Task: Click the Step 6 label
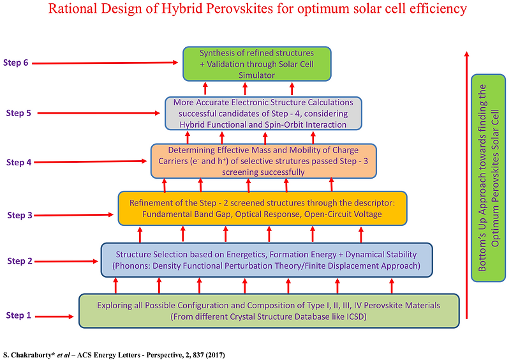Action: tap(16, 63)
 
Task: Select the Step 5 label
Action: tap(19, 113)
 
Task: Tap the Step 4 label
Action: tap(19, 162)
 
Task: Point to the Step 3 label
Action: tap(20, 215)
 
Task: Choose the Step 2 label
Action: tap(20, 261)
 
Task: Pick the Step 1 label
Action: tap(19, 315)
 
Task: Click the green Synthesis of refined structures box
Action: tap(257, 64)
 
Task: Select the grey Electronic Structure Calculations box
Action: tap(263, 114)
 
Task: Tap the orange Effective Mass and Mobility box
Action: tap(263, 161)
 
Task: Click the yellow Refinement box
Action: tap(262, 208)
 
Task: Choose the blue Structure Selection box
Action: tap(267, 260)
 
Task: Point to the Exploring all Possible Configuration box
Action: tap(269, 311)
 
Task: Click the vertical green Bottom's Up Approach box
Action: tap(488, 178)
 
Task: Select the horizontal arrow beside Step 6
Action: tap(105, 63)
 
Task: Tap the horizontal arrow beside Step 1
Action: tap(54, 317)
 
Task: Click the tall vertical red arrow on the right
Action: tap(467, 185)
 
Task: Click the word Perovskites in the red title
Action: tap(217, 8)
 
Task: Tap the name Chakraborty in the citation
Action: tap(32, 355)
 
